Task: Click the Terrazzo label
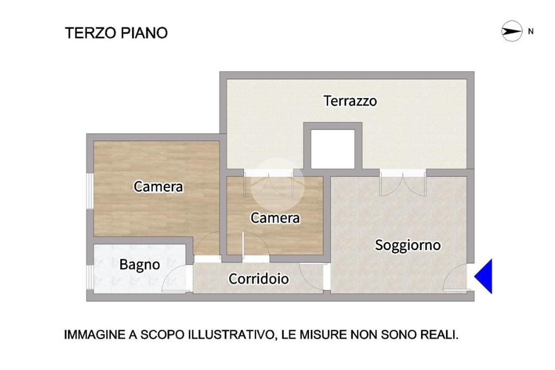350,101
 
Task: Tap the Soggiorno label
408,245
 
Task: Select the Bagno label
139,264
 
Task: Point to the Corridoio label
259,279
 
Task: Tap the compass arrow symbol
512,31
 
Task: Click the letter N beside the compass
531,31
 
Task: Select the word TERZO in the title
91,33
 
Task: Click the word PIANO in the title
144,33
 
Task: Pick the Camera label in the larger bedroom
158,187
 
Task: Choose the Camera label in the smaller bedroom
275,218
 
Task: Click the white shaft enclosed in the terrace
333,149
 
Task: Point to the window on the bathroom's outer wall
91,278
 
